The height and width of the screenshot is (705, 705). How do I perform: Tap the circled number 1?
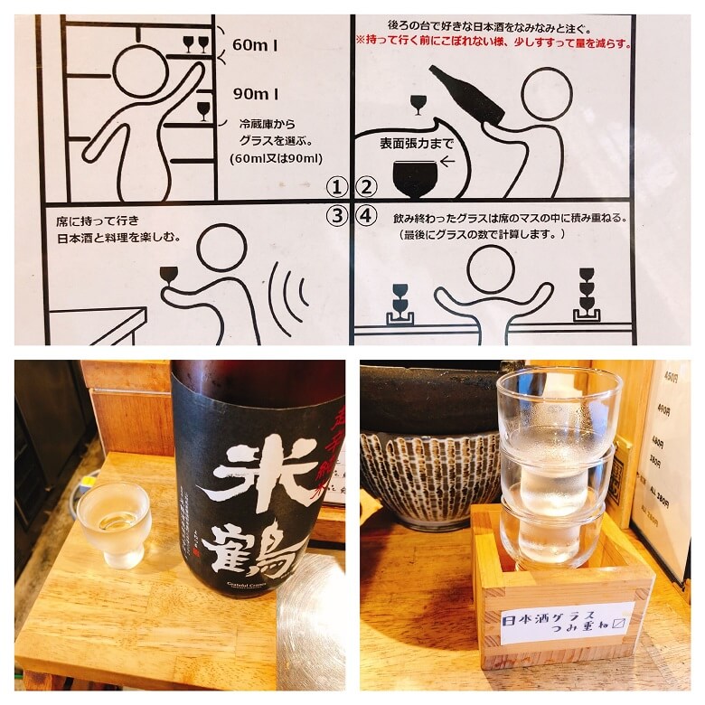(337, 187)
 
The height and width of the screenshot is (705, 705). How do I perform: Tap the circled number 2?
(365, 187)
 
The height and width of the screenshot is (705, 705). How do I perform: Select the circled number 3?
(337, 216)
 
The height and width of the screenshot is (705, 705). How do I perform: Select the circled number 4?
(365, 216)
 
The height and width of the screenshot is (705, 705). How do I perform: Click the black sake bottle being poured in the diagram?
(466, 95)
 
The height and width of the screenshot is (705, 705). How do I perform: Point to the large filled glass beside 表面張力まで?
(414, 176)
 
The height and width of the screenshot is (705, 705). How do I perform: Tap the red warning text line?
(493, 42)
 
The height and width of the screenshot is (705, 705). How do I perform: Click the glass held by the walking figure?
(169, 275)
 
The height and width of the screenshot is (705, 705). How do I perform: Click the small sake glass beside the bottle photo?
(114, 523)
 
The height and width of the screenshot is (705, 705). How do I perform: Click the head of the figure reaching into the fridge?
(139, 70)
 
